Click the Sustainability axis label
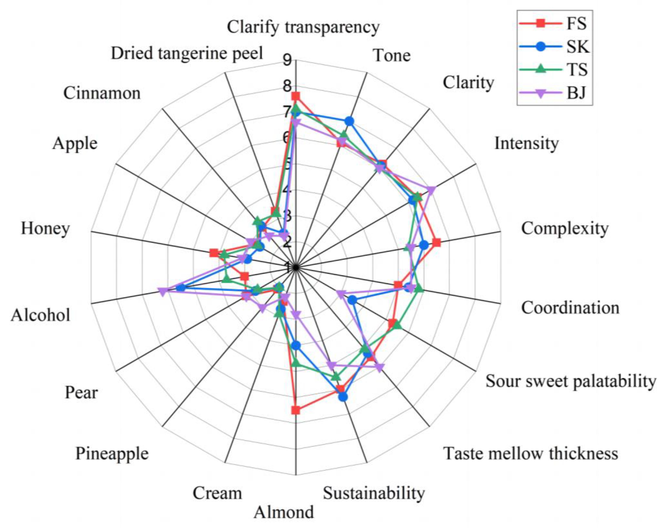374,493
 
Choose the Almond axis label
284,512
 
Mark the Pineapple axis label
112,453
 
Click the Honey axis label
45,229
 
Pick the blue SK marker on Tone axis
349,122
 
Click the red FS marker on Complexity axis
436,243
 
